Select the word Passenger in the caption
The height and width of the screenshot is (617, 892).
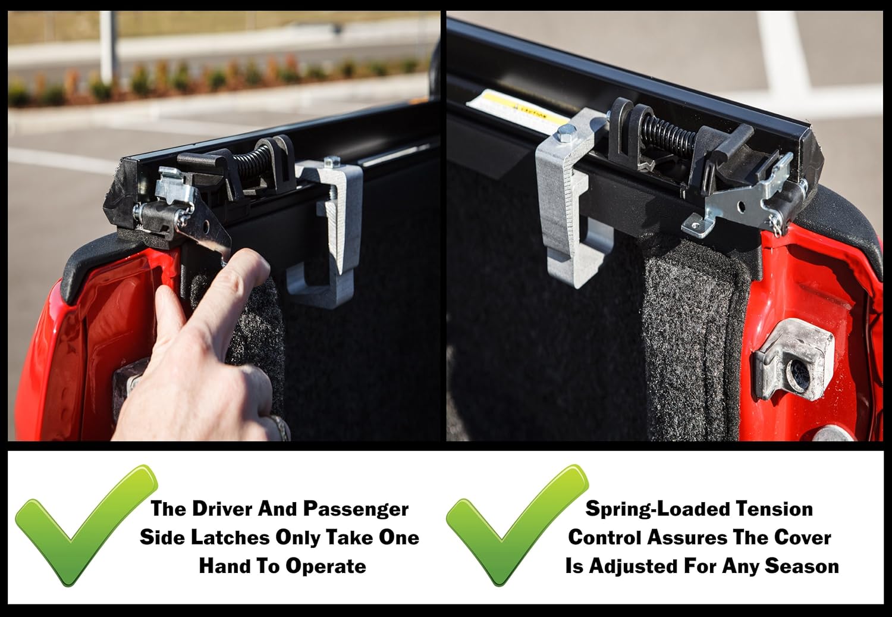pyautogui.click(x=356, y=509)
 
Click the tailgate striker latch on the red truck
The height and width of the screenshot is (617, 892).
pyautogui.click(x=794, y=359)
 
